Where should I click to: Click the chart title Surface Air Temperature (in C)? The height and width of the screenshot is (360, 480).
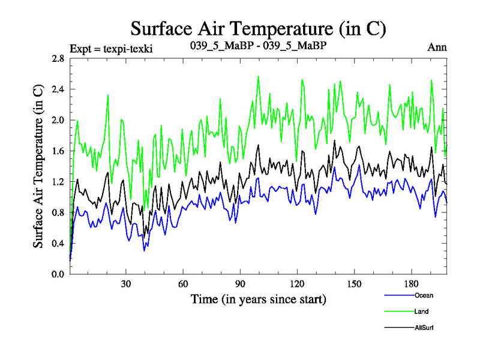258,28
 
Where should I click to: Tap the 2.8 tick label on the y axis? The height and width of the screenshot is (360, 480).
58,59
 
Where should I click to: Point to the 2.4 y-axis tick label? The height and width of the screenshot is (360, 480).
58,89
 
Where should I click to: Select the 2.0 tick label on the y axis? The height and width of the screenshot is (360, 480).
58,120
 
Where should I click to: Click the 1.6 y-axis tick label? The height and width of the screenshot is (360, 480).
58,151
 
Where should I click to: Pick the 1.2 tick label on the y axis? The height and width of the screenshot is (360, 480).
58,182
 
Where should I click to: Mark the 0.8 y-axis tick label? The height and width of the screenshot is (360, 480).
58,212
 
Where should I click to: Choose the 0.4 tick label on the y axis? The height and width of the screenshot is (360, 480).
58,244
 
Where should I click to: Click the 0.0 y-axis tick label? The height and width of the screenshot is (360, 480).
58,274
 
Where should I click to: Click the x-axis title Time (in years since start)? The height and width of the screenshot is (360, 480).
258,298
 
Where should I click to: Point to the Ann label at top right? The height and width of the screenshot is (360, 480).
436,47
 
